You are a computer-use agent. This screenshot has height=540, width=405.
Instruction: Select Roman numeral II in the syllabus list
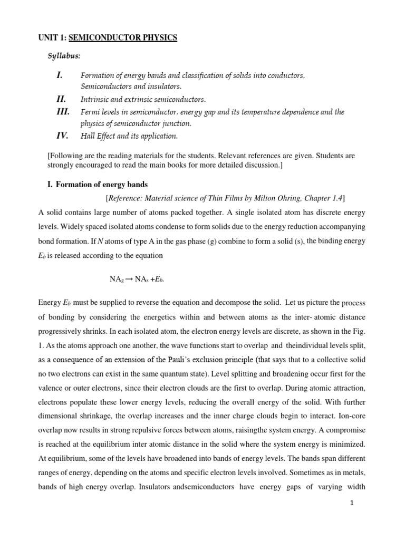(62, 99)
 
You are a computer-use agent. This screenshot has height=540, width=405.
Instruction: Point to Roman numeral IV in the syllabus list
(62, 136)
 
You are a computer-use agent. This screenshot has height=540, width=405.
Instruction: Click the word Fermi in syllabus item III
(90, 112)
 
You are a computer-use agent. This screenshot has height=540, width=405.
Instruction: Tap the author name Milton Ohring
(266, 198)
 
